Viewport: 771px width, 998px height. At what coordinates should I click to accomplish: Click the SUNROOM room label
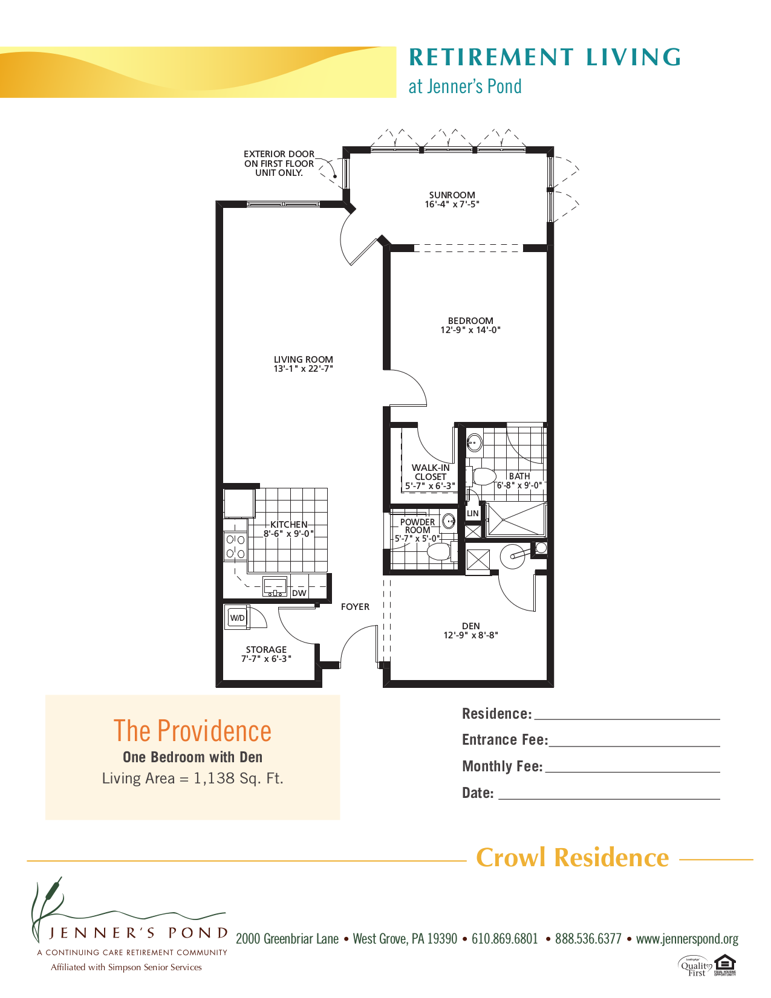pyautogui.click(x=452, y=195)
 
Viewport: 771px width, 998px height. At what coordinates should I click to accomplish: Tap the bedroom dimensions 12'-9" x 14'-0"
pyautogui.click(x=470, y=330)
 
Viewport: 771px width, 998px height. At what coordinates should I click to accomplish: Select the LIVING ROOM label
pyautogui.click(x=303, y=359)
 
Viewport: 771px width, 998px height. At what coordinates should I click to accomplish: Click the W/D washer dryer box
pyautogui.click(x=237, y=618)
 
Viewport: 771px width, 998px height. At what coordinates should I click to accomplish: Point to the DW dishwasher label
pyautogui.click(x=299, y=593)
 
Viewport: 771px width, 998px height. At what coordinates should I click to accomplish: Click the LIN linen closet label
pyautogui.click(x=472, y=513)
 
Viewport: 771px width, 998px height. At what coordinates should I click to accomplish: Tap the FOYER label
pyautogui.click(x=355, y=606)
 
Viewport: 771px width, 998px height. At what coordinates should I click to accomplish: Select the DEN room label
pyautogui.click(x=470, y=626)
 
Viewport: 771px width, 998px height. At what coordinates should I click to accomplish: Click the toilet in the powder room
pyautogui.click(x=438, y=551)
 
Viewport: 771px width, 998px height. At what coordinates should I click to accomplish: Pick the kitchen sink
pyautogui.click(x=275, y=586)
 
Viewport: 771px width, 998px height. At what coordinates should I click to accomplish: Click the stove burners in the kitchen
pyautogui.click(x=235, y=546)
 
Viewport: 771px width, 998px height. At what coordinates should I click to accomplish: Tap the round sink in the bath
pyautogui.click(x=474, y=442)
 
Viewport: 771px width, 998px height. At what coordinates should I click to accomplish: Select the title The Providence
pyautogui.click(x=192, y=731)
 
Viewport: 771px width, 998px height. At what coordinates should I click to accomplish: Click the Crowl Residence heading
pyautogui.click(x=572, y=857)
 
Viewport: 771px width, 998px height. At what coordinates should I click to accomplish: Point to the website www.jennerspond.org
pyautogui.click(x=687, y=939)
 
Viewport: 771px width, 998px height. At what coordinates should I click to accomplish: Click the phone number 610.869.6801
pyautogui.click(x=504, y=939)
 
